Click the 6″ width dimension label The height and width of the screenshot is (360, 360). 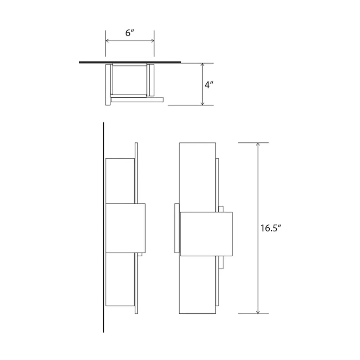129,33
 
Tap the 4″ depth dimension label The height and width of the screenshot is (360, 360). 209,85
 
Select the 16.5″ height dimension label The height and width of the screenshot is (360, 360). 271,228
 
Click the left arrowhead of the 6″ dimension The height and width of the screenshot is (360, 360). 107,41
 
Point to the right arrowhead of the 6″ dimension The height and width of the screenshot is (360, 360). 153,41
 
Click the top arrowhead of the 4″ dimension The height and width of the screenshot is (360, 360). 202,65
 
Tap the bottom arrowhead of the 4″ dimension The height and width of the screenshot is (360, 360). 202,104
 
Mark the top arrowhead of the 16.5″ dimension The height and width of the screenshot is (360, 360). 258,144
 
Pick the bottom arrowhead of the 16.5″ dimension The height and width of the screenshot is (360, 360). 258,312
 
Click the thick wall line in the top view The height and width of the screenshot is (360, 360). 130,62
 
